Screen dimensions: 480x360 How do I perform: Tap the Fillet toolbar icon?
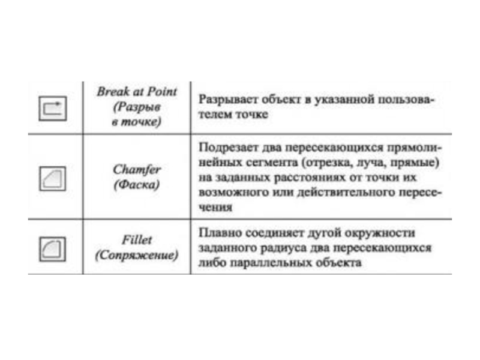[53, 247]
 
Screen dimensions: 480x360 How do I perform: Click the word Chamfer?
[137, 170]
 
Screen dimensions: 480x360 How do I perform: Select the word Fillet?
[137, 240]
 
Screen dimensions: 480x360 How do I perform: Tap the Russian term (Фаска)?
[137, 185]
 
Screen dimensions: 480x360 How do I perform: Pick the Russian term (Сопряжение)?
[137, 255]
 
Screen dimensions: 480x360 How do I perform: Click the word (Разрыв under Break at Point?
[137, 106]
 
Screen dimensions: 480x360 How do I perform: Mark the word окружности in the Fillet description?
[380, 232]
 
